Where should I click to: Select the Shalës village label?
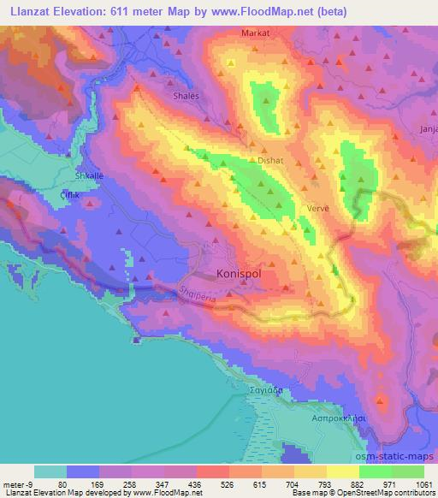[x=186, y=97]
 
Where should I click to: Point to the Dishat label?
[x=270, y=159]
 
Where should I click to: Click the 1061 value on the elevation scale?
[x=423, y=483]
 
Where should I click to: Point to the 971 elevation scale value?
[x=391, y=483]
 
